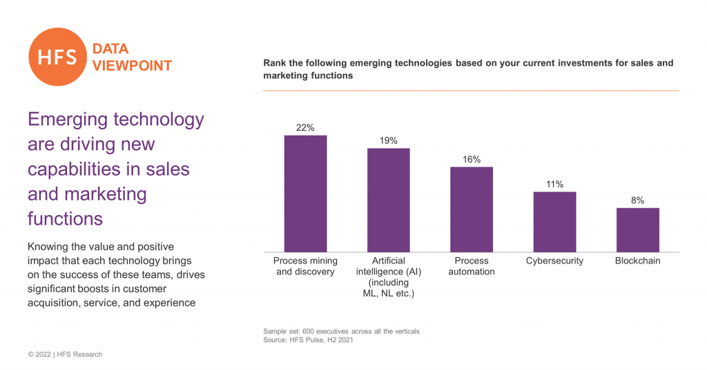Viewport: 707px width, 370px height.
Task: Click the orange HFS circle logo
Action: [x=57, y=57]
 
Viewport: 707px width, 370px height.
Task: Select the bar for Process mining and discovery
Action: [x=305, y=194]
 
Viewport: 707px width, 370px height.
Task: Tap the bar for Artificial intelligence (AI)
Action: [x=388, y=201]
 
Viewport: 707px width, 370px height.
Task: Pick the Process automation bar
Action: [x=472, y=210]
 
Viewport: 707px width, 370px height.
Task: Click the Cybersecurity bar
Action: [x=554, y=222]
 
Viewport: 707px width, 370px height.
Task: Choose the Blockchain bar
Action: [x=637, y=230]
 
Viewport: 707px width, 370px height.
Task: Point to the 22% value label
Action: [x=305, y=128]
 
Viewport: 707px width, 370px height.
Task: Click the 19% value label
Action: [x=388, y=141]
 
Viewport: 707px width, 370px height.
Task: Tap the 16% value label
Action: [x=472, y=160]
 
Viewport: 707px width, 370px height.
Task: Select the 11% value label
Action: [x=554, y=185]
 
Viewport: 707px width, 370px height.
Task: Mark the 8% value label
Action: [x=637, y=201]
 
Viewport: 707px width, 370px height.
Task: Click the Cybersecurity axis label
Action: [x=554, y=261]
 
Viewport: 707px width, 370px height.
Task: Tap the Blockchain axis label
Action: [x=637, y=261]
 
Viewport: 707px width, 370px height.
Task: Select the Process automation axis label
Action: [x=472, y=266]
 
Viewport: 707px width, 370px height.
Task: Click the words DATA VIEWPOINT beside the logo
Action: [x=131, y=57]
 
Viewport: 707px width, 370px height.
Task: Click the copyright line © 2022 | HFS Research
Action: [x=65, y=354]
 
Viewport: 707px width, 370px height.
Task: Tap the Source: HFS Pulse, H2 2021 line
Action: [x=308, y=340]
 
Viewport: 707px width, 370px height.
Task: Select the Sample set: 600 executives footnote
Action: [x=341, y=331]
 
